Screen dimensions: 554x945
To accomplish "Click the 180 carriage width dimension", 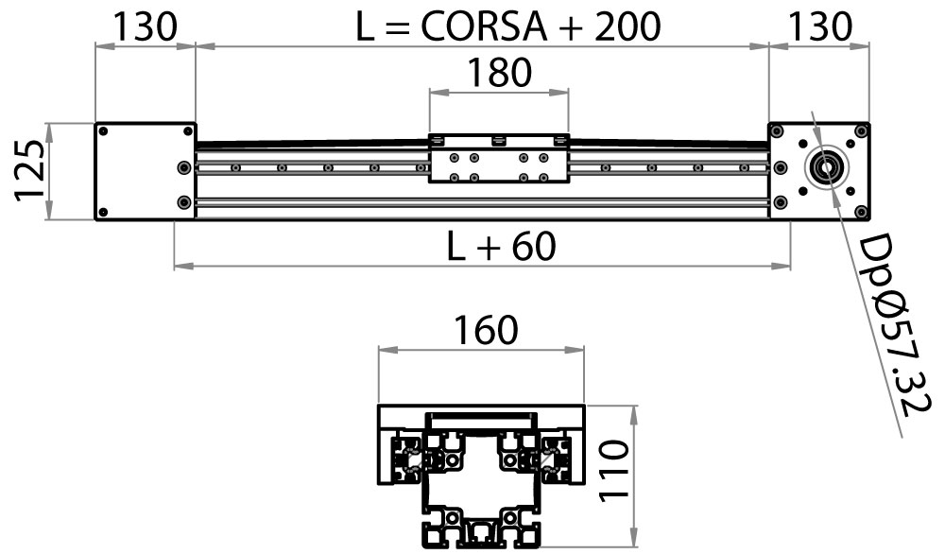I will (499, 73).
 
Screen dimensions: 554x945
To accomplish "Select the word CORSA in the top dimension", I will (485, 27).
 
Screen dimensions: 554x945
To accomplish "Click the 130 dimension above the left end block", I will (145, 27).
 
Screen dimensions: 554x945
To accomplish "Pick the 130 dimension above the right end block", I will (819, 27).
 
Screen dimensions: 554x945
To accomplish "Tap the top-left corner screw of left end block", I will (105, 133).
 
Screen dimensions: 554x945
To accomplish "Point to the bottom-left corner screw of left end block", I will (105, 210).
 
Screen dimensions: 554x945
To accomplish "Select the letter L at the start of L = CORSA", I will (367, 27).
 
